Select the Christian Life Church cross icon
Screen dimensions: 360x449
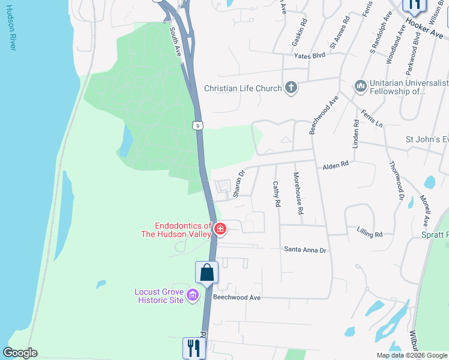[291, 88]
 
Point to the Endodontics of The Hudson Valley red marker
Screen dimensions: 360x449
[220, 229]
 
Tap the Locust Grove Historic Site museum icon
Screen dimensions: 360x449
[192, 295]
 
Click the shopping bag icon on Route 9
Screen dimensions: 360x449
[206, 272]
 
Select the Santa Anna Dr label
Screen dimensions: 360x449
[305, 250]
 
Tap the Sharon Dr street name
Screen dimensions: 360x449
[238, 184]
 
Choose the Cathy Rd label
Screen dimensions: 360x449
[276, 194]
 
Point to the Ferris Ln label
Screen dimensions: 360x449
[372, 118]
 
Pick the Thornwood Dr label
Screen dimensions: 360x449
[397, 181]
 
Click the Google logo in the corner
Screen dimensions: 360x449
[20, 353]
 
